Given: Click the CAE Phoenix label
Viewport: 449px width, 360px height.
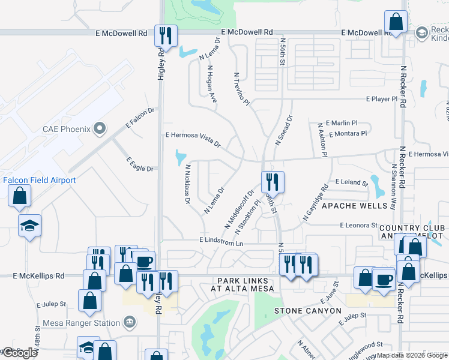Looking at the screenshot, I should click(66, 129).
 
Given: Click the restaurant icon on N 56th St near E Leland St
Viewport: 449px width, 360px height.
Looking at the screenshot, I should click(273, 181).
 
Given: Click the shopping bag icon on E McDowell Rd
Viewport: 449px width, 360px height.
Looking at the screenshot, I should click(397, 23).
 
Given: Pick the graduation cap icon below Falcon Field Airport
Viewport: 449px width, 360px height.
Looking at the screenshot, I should click(29, 226).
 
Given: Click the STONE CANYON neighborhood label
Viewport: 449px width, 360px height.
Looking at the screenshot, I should click(307, 311).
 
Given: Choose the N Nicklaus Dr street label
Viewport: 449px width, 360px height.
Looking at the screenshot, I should click(187, 184).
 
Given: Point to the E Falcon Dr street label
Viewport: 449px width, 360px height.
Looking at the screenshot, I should click(140, 118).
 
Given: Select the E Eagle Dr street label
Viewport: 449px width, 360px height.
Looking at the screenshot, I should click(139, 164).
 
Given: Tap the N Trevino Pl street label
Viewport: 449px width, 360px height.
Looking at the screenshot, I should click(241, 87).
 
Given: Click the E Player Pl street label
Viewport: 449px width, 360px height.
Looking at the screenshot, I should click(382, 99).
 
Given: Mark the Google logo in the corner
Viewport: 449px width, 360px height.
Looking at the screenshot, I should click(19, 353).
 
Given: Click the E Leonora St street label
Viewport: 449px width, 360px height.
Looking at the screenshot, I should click(358, 226).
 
